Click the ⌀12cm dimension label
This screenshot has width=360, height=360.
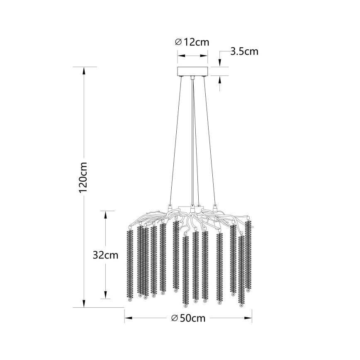pos(192,42)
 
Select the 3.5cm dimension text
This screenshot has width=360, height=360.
pos(244,51)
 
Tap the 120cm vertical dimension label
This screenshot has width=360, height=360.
pos(83,177)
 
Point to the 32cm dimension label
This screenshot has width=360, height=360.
pos(105,255)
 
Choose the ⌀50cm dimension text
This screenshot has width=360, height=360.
pos(188,318)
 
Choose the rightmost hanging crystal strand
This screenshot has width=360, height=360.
pos(248,255)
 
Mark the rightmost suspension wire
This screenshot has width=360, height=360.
pos(210,141)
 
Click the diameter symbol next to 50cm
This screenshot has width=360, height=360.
pos(175,318)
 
